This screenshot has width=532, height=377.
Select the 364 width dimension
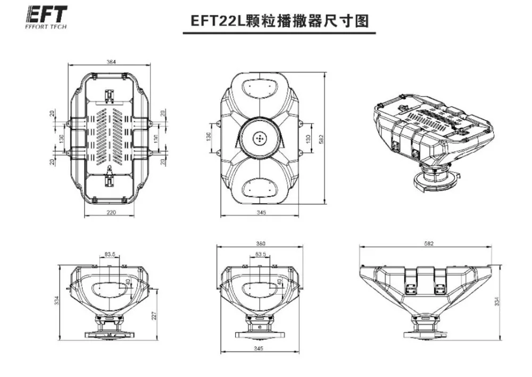pos(111,62)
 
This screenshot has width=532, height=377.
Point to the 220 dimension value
pos(111,212)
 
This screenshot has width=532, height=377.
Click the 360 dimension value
pos(260,243)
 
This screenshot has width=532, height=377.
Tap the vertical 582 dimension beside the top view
pos(321,138)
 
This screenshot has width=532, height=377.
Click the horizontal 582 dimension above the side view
pos(429,243)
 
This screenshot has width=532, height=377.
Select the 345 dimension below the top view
pos(260,212)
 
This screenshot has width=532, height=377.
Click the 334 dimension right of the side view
pos(497,301)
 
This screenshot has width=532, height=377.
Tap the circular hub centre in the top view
pos(260,137)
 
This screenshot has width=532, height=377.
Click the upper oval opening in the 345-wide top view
pos(260,85)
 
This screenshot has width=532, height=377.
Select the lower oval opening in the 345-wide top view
pos(260,188)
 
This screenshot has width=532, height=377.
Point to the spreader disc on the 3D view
pos(434,179)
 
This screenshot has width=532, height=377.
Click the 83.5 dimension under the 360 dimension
pos(260,255)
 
